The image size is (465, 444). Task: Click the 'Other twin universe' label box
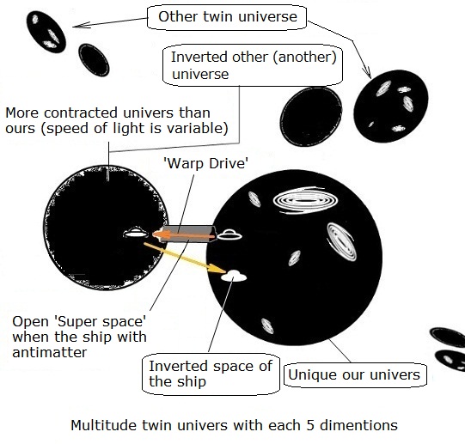pos(227,17)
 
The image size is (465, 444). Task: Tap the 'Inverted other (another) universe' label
pos(253,65)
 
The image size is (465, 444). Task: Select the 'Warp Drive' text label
pos(206,163)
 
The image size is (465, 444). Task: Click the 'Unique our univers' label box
pos(355,375)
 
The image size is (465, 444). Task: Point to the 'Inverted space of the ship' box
pos(211,374)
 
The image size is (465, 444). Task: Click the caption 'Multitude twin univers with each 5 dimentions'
pos(235,425)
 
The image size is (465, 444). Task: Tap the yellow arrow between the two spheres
pos(185,258)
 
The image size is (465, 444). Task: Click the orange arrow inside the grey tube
pos(184,235)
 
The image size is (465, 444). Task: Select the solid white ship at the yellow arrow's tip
pos(234,276)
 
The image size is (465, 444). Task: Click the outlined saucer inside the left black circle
pos(136,233)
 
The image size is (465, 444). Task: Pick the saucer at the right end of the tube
pos(229,234)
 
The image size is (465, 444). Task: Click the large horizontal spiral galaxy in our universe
pos(305,200)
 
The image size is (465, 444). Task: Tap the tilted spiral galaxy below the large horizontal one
pos(341,242)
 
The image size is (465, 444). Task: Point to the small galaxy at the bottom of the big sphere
pos(267,326)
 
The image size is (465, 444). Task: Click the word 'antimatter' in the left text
pos(50,352)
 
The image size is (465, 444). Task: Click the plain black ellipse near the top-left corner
pos(94,60)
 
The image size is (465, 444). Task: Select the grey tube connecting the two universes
pos(187,234)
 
